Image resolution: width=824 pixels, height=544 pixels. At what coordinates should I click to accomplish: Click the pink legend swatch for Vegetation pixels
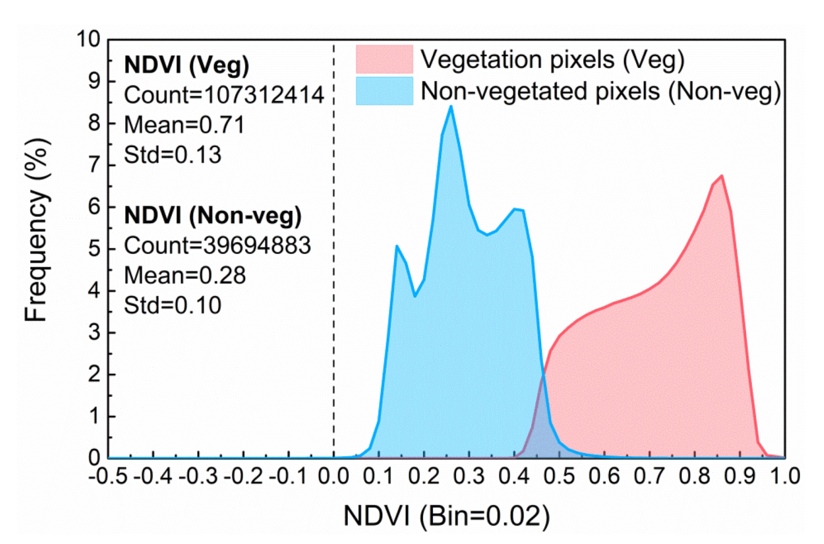point(384,59)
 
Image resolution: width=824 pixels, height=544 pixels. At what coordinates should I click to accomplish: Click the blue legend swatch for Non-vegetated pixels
point(384,91)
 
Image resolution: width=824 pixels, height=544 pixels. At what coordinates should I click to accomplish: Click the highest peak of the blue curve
point(450,106)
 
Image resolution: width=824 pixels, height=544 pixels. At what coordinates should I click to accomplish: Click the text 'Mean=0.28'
point(185,274)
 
